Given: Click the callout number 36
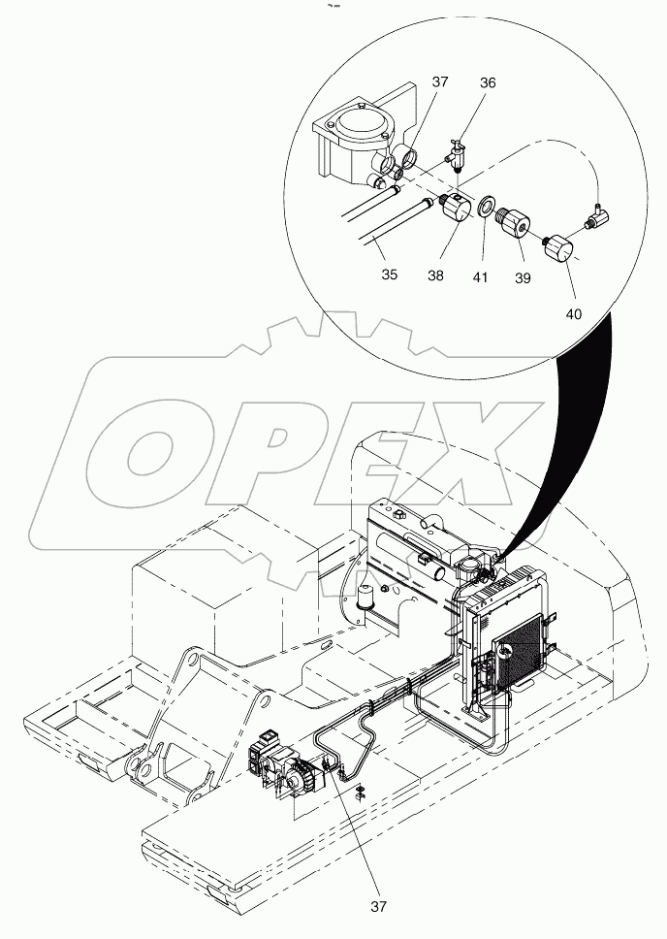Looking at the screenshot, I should coord(488,83).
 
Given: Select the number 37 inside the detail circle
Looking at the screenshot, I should coord(439,83).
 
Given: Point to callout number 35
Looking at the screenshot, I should coord(389,275).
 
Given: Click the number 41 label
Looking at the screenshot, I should coord(482,275).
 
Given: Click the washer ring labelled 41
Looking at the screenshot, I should coord(482,210).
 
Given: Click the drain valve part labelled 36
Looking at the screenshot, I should coord(456,155).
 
